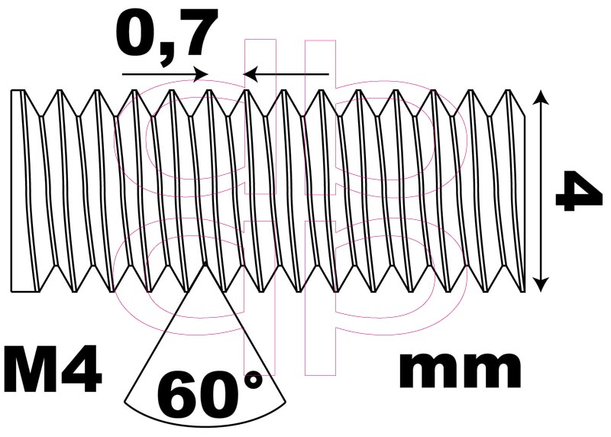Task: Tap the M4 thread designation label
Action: (x=52, y=368)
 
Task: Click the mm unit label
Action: (x=461, y=371)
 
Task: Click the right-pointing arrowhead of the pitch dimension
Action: (x=202, y=73)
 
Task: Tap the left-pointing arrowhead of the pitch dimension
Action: (x=251, y=73)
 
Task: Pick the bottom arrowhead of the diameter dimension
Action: (x=540, y=284)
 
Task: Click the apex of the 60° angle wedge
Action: (x=205, y=263)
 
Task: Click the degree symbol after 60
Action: (x=254, y=380)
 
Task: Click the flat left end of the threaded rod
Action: (x=11, y=191)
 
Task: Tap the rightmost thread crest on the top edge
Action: (x=508, y=90)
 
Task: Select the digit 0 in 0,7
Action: (x=136, y=34)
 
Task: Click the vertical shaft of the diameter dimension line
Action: (x=540, y=191)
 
